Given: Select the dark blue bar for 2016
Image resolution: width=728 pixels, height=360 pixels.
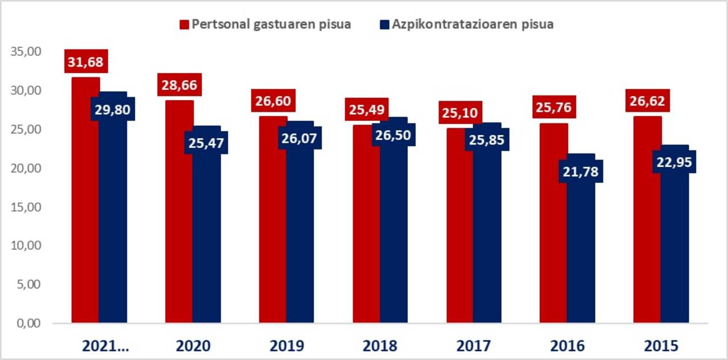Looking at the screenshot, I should click(581, 250).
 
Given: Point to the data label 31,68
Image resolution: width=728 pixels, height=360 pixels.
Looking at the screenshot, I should click(86, 61).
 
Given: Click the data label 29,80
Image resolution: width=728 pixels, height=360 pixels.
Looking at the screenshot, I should click(113, 110).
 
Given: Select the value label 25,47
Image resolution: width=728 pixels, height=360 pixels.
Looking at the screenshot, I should click(206, 143).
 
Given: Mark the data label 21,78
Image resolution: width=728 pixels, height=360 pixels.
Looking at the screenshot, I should click(581, 172).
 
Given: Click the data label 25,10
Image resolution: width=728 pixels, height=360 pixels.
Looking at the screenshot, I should click(461, 113).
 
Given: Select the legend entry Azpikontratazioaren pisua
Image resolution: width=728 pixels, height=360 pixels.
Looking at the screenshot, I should click(466, 24).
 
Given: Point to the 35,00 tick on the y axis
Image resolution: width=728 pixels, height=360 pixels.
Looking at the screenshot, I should click(26, 52).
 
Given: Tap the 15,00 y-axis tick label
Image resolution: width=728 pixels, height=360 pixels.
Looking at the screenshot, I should click(26, 207).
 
